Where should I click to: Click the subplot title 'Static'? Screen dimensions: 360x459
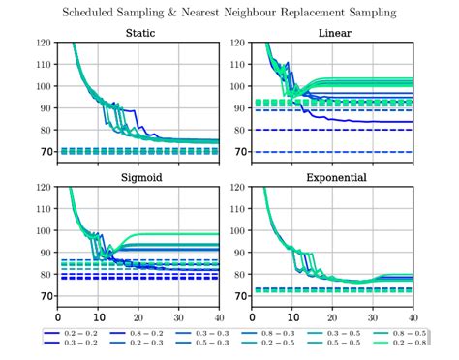pyautogui.click(x=138, y=34)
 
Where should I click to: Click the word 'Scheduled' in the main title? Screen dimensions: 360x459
pyautogui.click(x=95, y=12)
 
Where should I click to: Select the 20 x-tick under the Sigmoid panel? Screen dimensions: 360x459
pyautogui.click(x=138, y=317)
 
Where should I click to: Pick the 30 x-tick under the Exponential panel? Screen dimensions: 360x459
pyautogui.click(x=373, y=317)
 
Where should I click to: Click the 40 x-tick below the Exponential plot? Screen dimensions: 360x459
pyautogui.click(x=413, y=317)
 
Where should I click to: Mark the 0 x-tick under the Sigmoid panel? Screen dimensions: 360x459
pyautogui.click(x=58, y=317)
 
